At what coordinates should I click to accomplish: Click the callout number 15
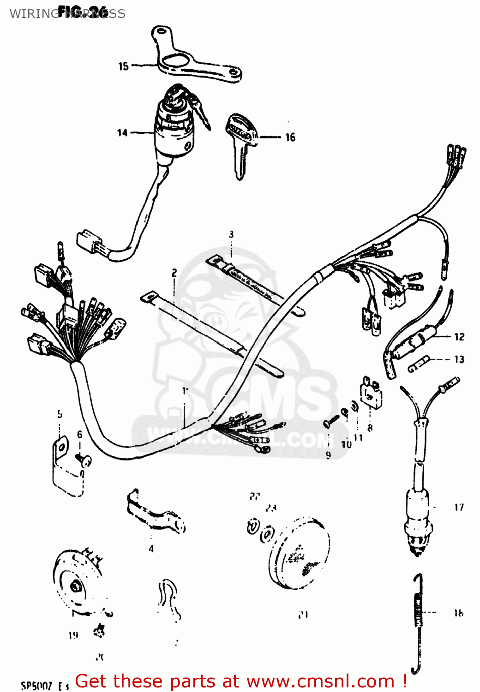(x=123, y=66)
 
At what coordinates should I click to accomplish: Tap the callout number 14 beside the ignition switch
(x=122, y=133)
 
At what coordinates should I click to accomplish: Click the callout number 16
(x=290, y=137)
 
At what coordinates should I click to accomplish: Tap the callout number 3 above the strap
(x=231, y=234)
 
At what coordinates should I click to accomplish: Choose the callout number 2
(x=174, y=273)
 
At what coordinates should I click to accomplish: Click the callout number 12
(x=459, y=337)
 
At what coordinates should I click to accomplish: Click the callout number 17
(x=459, y=507)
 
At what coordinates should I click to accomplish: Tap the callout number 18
(x=458, y=613)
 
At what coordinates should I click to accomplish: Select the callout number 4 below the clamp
(x=151, y=549)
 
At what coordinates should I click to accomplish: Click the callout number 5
(x=60, y=414)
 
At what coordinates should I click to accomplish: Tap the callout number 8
(x=370, y=428)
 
